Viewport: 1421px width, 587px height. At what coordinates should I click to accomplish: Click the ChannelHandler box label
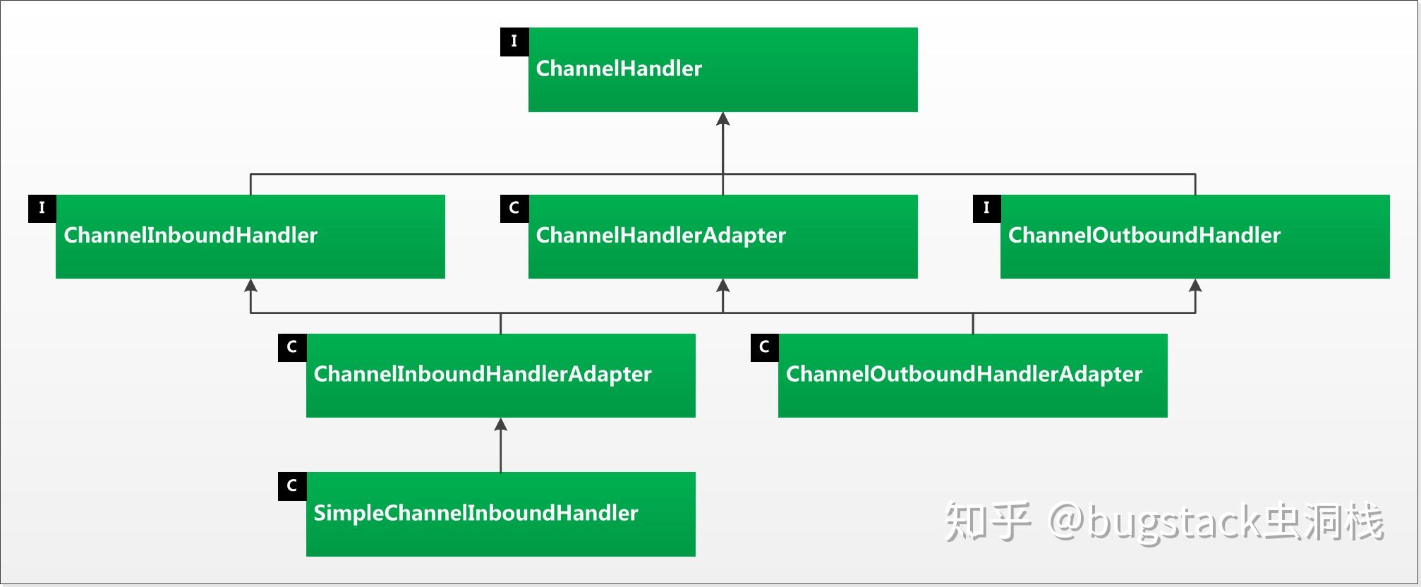pos(619,68)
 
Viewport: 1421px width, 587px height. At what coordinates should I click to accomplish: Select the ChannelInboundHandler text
pos(191,235)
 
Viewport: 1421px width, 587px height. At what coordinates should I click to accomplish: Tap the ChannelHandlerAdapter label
pos(660,235)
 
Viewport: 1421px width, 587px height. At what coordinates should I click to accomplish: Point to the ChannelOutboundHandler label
pos(1144,235)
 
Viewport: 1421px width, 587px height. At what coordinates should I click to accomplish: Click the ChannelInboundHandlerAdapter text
pos(483,374)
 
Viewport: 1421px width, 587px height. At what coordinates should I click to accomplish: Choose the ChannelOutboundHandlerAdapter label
pos(964,374)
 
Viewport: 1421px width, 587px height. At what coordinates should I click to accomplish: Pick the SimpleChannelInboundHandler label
pos(476,513)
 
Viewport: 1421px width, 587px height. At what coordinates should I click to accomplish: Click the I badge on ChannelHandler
pos(514,42)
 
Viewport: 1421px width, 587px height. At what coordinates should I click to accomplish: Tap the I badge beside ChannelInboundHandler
pos(42,208)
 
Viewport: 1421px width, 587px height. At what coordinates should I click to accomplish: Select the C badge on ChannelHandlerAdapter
pos(514,208)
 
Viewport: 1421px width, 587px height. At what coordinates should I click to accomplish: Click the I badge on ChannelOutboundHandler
pos(986,208)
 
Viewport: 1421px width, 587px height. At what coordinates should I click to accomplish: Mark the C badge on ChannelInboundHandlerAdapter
pos(292,347)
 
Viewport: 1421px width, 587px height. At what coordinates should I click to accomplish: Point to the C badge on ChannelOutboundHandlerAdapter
pos(764,347)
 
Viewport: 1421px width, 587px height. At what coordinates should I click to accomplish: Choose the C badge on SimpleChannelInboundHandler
pos(292,486)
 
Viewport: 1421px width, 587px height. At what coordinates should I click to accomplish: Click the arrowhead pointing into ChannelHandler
pos(722,119)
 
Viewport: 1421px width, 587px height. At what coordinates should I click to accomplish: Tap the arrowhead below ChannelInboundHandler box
pos(250,286)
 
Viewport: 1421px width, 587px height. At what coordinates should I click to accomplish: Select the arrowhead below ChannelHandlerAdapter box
pos(722,286)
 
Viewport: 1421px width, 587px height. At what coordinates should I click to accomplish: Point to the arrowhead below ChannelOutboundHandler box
pos(1195,286)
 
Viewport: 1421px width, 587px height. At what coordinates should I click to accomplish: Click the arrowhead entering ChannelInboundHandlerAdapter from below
pos(501,425)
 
